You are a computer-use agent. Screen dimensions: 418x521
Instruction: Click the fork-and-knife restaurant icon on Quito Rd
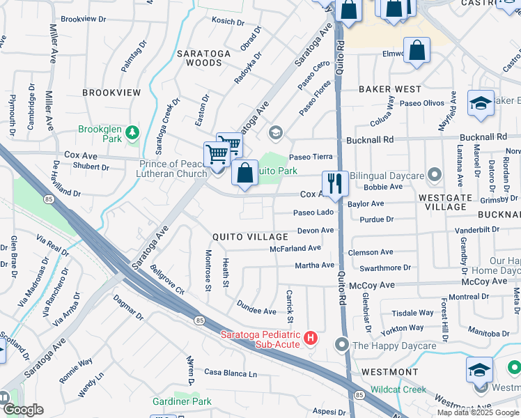[x=335, y=183]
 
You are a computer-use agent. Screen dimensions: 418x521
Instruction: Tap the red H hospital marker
[x=311, y=339]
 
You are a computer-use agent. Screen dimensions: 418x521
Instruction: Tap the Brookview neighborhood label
[x=111, y=93]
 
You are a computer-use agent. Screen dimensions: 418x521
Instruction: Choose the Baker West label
[x=390, y=89]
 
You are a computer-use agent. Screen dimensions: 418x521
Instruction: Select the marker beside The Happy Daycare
[x=342, y=345]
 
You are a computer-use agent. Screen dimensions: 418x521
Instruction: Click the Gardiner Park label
[x=182, y=401]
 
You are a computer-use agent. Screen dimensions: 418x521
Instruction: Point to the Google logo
[x=22, y=410]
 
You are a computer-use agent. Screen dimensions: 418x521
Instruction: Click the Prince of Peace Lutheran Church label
[x=173, y=169]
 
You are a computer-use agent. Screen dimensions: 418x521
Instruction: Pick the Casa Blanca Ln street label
[x=231, y=373]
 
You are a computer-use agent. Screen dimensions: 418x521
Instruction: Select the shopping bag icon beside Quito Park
[x=244, y=173]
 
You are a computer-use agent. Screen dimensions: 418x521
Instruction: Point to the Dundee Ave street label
[x=256, y=311]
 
